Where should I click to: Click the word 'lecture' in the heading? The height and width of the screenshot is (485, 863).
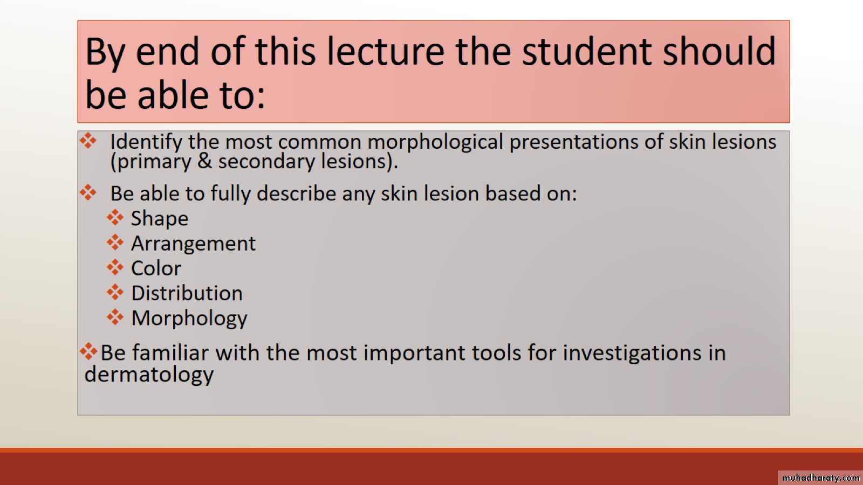[385, 51]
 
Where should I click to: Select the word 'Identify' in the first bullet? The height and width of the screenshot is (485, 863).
[146, 142]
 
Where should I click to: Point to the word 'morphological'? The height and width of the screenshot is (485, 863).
[435, 142]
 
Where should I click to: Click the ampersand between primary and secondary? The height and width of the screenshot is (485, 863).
[204, 161]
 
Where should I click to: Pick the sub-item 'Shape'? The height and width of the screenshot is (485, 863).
[160, 219]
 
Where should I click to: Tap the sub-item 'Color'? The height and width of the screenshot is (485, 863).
[156, 268]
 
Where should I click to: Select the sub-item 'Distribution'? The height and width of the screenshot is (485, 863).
[187, 293]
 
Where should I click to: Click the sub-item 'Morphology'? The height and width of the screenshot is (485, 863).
[189, 319]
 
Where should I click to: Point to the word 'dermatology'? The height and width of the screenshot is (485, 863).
[149, 375]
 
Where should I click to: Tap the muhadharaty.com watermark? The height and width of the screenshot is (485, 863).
[820, 477]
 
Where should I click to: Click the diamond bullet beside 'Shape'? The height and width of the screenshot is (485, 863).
[115, 218]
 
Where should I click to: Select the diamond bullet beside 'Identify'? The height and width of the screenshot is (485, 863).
[88, 141]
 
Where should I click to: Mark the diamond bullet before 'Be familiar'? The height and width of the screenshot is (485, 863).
[88, 351]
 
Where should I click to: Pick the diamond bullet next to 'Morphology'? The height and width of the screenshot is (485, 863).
[115, 317]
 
